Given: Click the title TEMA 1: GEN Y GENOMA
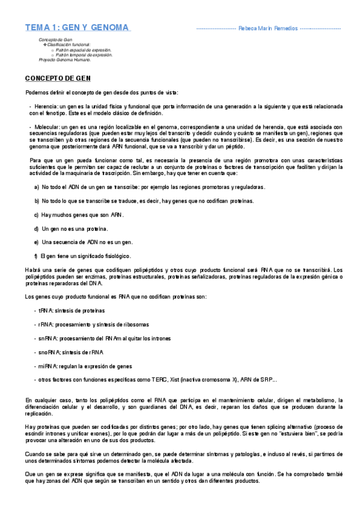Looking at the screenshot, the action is [78, 28].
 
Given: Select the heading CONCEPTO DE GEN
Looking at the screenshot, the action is [57, 79].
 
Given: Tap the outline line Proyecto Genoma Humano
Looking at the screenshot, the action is [65, 60].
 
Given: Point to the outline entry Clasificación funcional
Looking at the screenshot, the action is [68, 45].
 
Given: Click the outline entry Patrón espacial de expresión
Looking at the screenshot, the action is [83, 50].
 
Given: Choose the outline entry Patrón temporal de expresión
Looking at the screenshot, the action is [84, 55].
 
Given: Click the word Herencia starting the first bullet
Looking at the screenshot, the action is [46, 106].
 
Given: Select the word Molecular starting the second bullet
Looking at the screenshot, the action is [47, 127].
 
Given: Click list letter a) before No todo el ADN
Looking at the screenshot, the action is [37, 187].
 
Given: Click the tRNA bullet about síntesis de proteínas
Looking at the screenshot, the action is [72, 310].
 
